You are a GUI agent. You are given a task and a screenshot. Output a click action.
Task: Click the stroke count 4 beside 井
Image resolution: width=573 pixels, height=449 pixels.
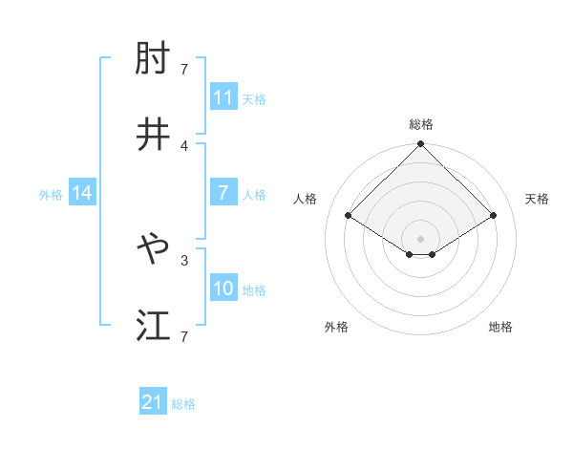pos(183,145)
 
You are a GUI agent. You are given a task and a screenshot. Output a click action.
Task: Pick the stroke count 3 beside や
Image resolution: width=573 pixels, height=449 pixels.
pos(183,259)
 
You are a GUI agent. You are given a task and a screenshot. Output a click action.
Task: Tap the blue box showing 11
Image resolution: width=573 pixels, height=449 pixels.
pos(223,97)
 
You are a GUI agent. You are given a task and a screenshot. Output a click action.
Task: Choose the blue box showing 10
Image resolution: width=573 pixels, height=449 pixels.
pos(223,289)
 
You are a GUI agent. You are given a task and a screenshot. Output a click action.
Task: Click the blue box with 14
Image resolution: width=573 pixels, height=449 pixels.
pos(82,193)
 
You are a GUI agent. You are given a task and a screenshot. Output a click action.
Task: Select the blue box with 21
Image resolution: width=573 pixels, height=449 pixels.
pos(153,402)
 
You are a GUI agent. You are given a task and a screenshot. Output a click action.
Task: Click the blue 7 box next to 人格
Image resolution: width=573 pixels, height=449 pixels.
pos(223,193)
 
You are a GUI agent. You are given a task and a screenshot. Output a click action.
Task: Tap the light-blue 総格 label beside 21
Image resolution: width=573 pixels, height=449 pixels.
pos(183,404)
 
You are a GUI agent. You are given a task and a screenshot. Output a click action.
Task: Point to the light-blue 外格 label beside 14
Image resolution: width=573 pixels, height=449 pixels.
pos(51,194)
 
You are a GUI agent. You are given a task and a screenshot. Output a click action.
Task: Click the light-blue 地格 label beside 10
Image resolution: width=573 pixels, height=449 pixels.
pos(254,290)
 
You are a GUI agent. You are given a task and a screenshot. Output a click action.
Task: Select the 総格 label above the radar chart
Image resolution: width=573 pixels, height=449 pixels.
pos(420,124)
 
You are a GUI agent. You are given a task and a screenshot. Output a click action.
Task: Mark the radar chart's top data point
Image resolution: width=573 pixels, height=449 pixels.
pos(420,145)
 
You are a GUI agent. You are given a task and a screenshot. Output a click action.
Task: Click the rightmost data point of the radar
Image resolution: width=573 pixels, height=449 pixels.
pos(494,216)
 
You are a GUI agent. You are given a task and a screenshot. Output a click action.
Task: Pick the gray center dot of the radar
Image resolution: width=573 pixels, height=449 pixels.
pos(420,238)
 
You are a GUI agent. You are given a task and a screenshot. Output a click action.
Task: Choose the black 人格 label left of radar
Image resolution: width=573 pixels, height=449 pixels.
pos(306,199)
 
